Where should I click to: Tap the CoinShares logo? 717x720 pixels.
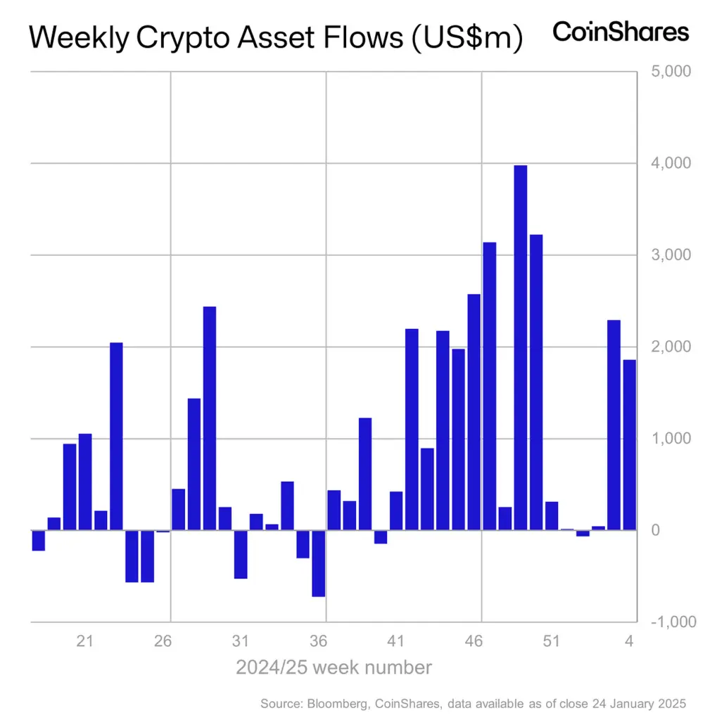621,32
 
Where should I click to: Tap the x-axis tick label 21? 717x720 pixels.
84,641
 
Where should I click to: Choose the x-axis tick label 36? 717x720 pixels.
318,641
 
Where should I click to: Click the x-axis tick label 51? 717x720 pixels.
551,641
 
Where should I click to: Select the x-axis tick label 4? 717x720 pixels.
629,641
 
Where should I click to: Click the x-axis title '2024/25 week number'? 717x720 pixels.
334,667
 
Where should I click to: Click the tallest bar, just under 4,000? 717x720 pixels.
521,347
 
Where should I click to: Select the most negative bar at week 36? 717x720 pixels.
319,563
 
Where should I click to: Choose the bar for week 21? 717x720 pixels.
85,482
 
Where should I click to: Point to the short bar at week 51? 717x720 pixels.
552,516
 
